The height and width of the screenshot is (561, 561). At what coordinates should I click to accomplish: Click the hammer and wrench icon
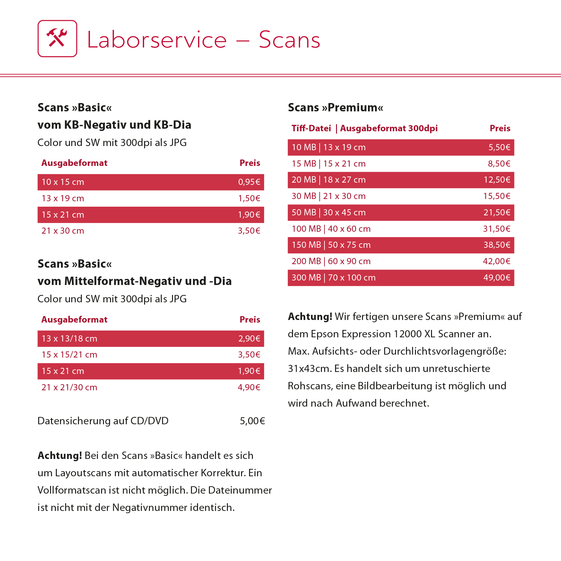coord(57,39)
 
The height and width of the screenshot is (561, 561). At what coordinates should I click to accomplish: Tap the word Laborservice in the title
coord(157,40)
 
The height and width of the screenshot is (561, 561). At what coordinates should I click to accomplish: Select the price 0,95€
coord(249,182)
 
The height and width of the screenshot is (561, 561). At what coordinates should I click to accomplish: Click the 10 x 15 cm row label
coord(63,182)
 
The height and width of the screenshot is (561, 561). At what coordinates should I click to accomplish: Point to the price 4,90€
coord(249,387)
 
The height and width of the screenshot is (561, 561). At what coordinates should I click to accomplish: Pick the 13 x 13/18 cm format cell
coord(69,339)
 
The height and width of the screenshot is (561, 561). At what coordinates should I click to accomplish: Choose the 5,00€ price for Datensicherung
coord(252,421)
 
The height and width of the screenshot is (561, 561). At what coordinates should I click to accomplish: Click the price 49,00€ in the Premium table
coord(496,278)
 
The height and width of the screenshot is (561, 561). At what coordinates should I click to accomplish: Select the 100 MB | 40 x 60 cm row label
coord(331,229)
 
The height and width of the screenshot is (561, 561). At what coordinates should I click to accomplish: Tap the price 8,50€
coord(499,164)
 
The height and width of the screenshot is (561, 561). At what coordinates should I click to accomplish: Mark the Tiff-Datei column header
coord(311,128)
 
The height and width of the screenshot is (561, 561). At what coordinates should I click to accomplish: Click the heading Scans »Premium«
coord(335,108)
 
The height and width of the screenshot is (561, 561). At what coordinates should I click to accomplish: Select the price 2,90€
coord(249,339)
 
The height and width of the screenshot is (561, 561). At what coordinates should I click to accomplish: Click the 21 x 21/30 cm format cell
coord(69,387)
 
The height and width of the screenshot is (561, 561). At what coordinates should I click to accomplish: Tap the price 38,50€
coord(496,245)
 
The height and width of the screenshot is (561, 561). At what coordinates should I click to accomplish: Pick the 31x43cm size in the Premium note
coord(310,368)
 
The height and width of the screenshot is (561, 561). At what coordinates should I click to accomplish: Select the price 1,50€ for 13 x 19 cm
coord(249,198)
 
